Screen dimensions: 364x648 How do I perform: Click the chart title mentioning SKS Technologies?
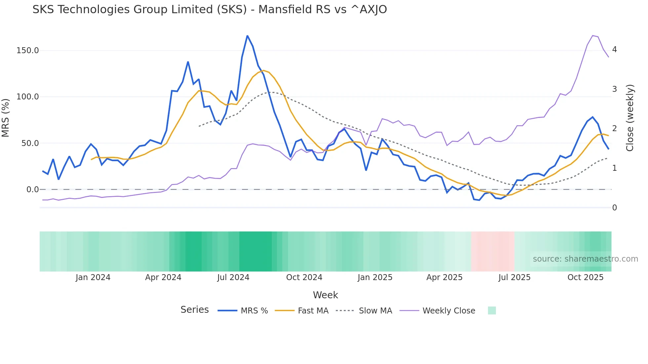coord(210,10)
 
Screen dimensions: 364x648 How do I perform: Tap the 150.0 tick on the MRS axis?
coord(27,51)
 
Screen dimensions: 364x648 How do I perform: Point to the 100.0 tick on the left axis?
coord(27,97)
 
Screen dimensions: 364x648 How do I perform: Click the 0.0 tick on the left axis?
coord(32,190)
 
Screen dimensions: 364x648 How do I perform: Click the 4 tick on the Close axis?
coord(614,50)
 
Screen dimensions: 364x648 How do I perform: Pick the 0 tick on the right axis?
coord(614,208)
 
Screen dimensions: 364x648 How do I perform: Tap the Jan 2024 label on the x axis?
coord(93,277)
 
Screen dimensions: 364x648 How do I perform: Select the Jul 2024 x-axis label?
coord(233,277)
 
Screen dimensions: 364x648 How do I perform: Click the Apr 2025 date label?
coord(444,277)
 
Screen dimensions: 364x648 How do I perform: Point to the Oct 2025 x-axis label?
coord(585,277)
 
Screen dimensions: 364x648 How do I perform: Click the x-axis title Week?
coord(325,295)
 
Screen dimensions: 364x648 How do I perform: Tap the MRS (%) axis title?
coord(6,118)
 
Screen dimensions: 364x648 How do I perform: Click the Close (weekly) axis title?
coord(630,118)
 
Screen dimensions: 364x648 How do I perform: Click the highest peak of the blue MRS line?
coord(247,36)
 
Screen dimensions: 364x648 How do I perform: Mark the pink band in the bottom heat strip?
coord(492,251)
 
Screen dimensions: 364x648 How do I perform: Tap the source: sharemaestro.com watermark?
coord(585,259)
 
